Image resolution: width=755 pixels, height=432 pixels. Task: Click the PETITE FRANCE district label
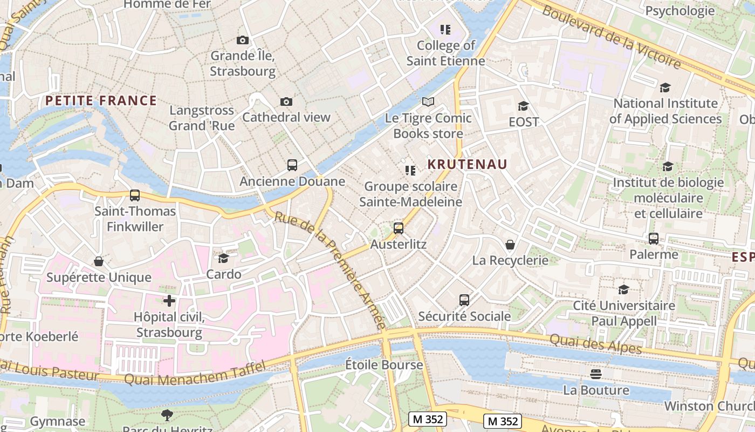click(101, 101)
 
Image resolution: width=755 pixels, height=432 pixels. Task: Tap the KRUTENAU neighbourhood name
click(468, 164)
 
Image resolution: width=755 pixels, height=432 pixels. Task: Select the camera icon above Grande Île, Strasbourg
click(243, 40)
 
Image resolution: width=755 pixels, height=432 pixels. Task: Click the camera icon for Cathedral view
click(286, 102)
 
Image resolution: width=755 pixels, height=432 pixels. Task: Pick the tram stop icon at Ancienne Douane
click(292, 165)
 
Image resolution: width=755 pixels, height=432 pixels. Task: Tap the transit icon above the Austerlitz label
click(399, 228)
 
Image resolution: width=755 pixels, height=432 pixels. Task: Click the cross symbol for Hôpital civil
click(169, 301)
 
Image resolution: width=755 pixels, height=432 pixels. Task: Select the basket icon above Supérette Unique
click(99, 262)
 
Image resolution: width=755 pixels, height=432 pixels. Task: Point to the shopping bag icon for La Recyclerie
click(510, 245)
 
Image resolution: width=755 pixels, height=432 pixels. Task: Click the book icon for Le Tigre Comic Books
click(428, 102)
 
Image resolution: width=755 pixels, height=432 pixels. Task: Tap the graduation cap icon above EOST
click(523, 106)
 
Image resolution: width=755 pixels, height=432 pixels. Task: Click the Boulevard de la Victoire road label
click(612, 37)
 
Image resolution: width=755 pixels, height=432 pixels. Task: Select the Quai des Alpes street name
click(595, 344)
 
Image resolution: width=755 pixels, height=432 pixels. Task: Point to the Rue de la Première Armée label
click(331, 270)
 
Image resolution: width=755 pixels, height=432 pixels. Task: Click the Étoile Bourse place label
click(384, 365)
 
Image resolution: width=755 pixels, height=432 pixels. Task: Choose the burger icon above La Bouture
click(596, 374)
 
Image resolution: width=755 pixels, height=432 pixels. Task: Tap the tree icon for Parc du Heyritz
click(167, 415)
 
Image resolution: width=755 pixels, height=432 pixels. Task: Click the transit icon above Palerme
click(654, 239)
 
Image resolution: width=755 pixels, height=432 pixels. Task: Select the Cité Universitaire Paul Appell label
click(623, 313)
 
